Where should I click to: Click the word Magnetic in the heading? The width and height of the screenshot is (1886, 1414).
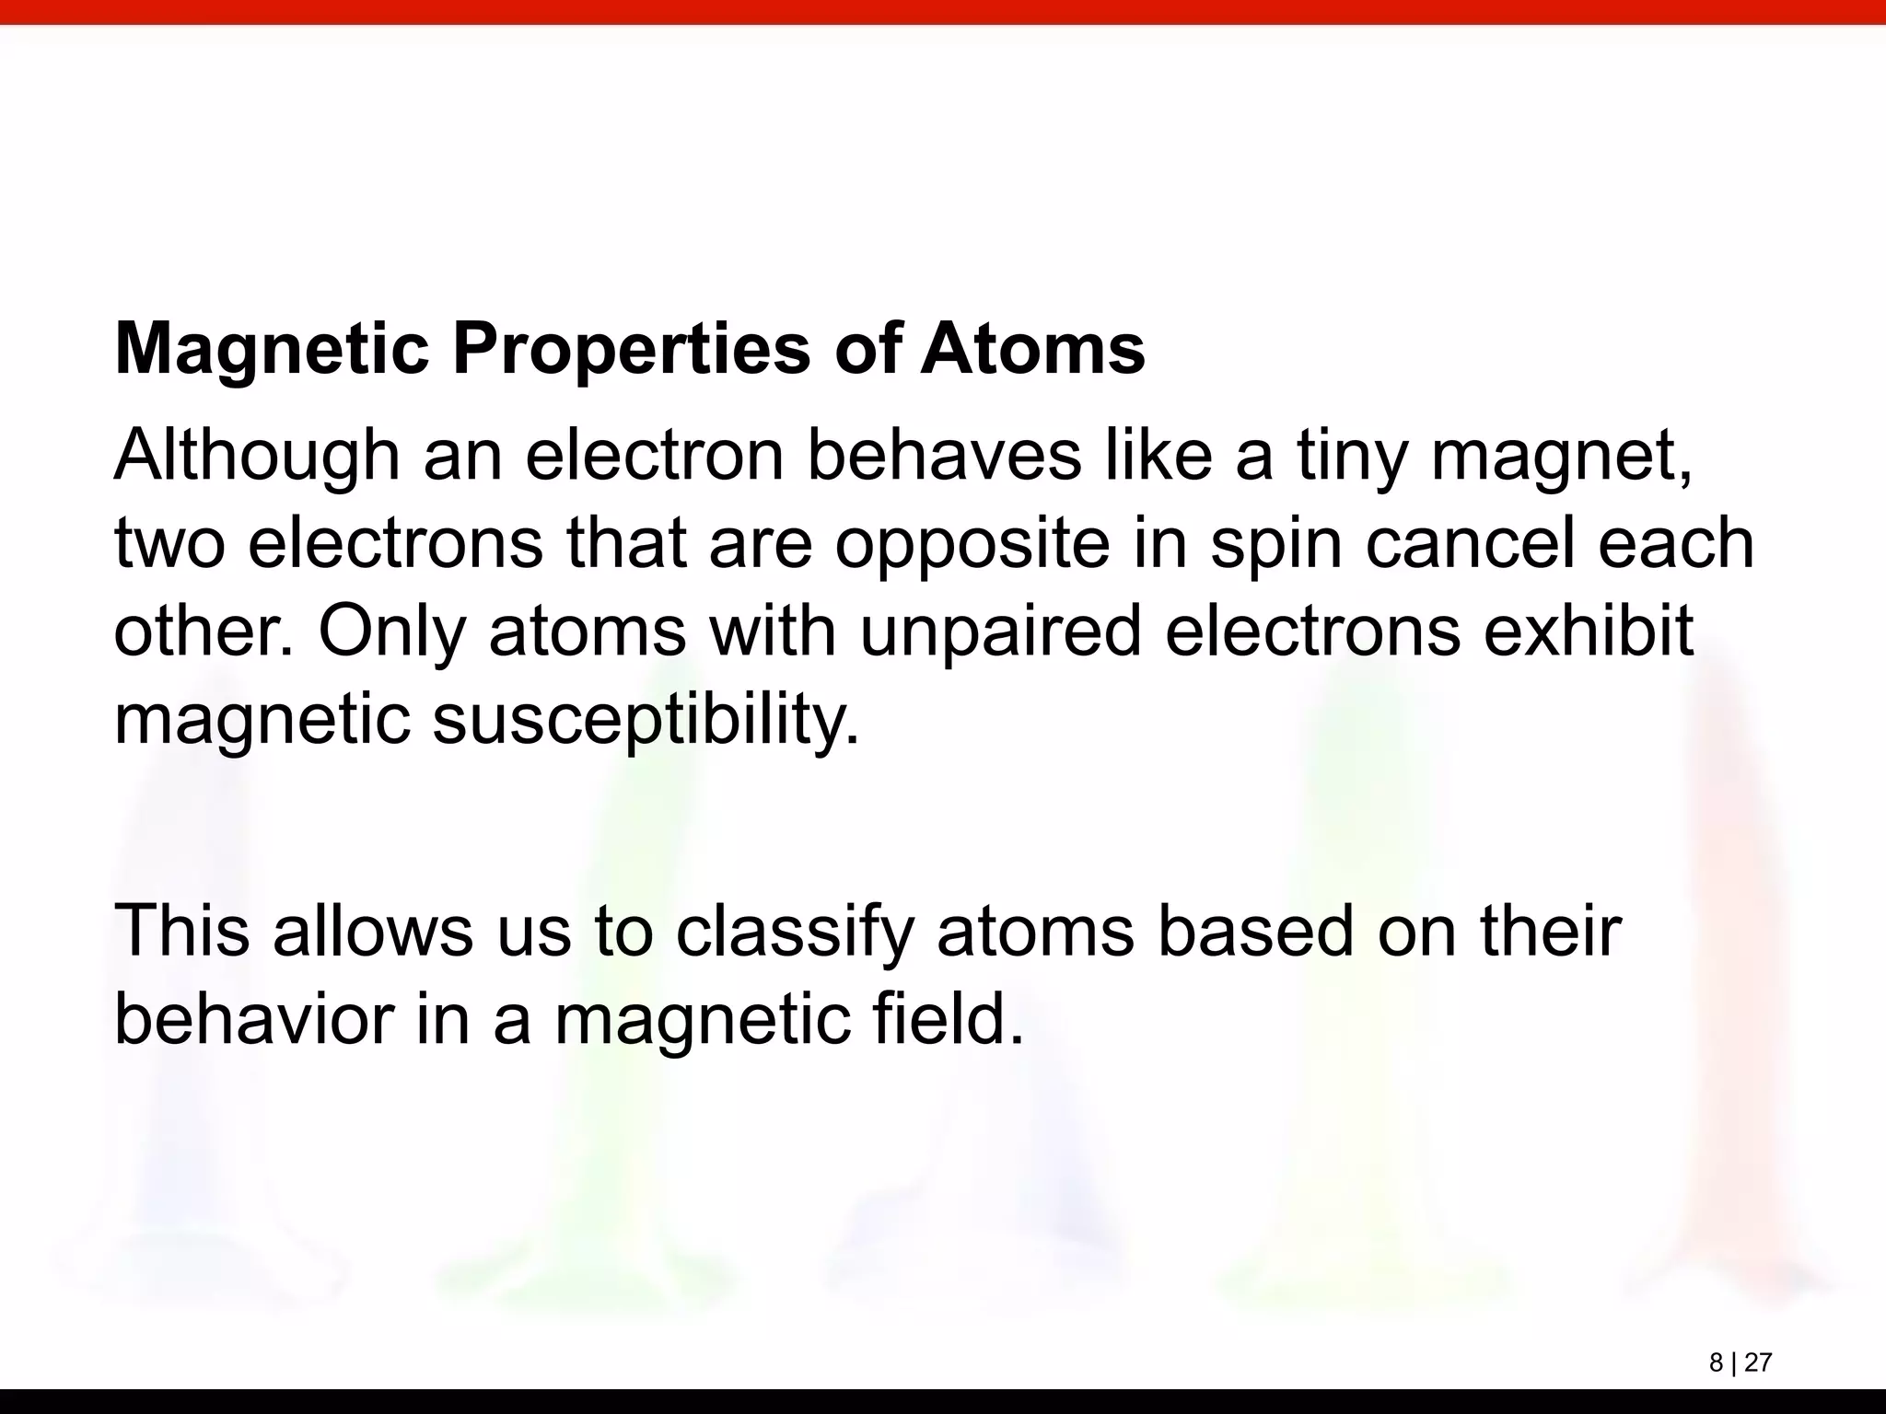click(272, 351)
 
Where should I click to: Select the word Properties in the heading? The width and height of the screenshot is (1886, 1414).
click(630, 351)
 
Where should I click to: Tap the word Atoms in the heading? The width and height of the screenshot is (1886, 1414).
click(1032, 351)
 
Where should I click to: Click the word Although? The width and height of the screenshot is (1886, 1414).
click(257, 458)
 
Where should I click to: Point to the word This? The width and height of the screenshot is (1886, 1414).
click(181, 931)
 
